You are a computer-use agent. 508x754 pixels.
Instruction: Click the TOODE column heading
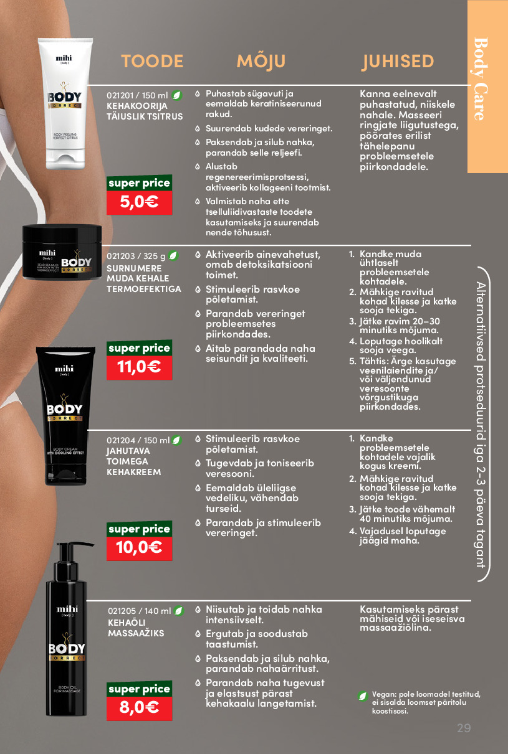152,61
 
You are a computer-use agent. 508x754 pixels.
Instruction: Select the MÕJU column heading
261,61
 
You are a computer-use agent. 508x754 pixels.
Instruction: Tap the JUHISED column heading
398,62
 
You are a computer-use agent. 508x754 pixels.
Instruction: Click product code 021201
120,96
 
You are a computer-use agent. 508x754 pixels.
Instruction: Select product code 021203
120,256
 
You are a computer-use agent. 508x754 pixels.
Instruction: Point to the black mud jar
62,252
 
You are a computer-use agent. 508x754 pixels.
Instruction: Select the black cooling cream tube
65,416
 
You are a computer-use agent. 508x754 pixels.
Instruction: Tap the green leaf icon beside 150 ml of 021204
176,440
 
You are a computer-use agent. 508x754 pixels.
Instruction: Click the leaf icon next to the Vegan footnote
363,695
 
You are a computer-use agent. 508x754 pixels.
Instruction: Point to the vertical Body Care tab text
481,79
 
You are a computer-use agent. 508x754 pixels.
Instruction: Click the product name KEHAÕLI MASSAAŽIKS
136,628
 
